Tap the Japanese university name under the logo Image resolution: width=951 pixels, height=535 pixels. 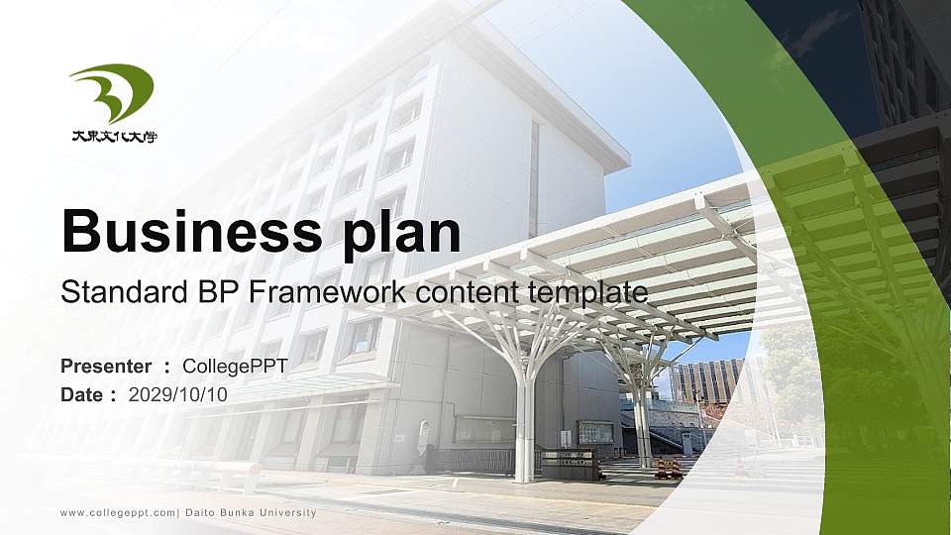(x=114, y=137)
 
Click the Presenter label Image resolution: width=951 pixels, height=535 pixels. (x=106, y=367)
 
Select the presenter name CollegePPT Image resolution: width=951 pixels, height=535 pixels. (x=235, y=367)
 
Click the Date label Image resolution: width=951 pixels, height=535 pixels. (x=81, y=394)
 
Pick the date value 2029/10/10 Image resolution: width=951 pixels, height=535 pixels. (x=178, y=394)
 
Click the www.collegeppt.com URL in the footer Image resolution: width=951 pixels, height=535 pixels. (x=117, y=512)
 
